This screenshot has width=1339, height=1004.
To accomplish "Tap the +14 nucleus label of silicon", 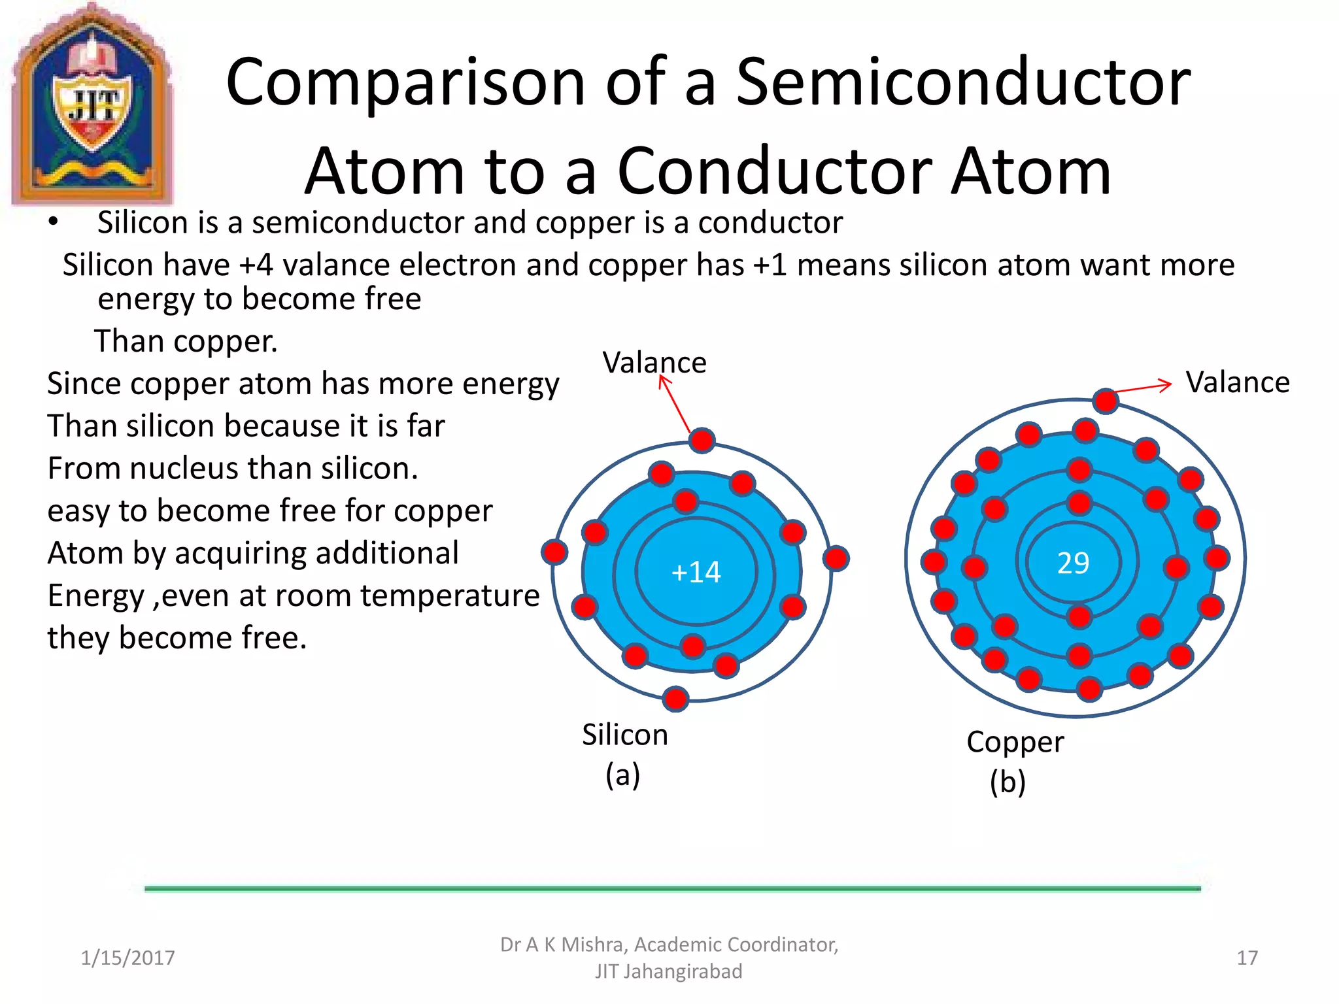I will pyautogui.click(x=696, y=572).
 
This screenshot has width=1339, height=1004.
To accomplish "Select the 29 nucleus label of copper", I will pyautogui.click(x=1073, y=563).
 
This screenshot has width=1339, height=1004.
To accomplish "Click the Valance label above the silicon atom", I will pyautogui.click(x=654, y=363).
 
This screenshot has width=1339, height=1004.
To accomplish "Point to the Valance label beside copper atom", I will pyautogui.click(x=1237, y=382).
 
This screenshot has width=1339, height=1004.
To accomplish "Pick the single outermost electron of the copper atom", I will pyautogui.click(x=1105, y=401).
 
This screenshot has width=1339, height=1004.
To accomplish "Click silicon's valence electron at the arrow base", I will pyautogui.click(x=702, y=441).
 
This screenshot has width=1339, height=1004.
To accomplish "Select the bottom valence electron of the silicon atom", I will pyautogui.click(x=675, y=698).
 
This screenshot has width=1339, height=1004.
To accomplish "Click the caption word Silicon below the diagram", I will pyautogui.click(x=624, y=735).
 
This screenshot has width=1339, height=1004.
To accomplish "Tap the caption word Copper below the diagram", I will pyautogui.click(x=1015, y=742).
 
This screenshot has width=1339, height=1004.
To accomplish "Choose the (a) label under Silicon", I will pyautogui.click(x=622, y=775).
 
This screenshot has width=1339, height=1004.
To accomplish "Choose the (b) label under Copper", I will pyautogui.click(x=1007, y=782).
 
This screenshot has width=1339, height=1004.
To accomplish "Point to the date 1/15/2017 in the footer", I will pyautogui.click(x=127, y=958).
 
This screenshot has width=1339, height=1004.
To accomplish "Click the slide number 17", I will pyautogui.click(x=1247, y=958).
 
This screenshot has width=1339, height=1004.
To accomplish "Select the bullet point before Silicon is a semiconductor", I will pyautogui.click(x=53, y=222).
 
